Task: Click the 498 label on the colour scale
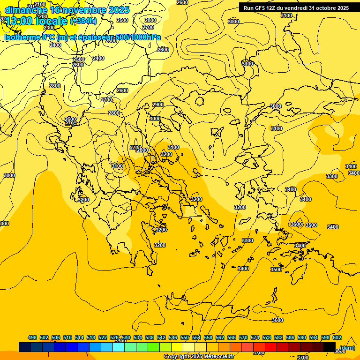tap(32, 337)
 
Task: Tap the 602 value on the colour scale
tap(337, 337)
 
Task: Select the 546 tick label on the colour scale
tap(173, 337)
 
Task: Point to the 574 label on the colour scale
tap(255, 337)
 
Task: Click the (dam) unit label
tap(347, 348)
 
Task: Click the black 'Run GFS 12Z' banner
tap(296, 8)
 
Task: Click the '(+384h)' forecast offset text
tap(83, 21)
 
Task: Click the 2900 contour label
tap(158, 105)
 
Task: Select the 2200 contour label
tap(42, 16)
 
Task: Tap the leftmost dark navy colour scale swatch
tap(25, 347)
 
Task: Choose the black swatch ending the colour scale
tap(330, 347)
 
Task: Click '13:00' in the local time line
tap(18, 21)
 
